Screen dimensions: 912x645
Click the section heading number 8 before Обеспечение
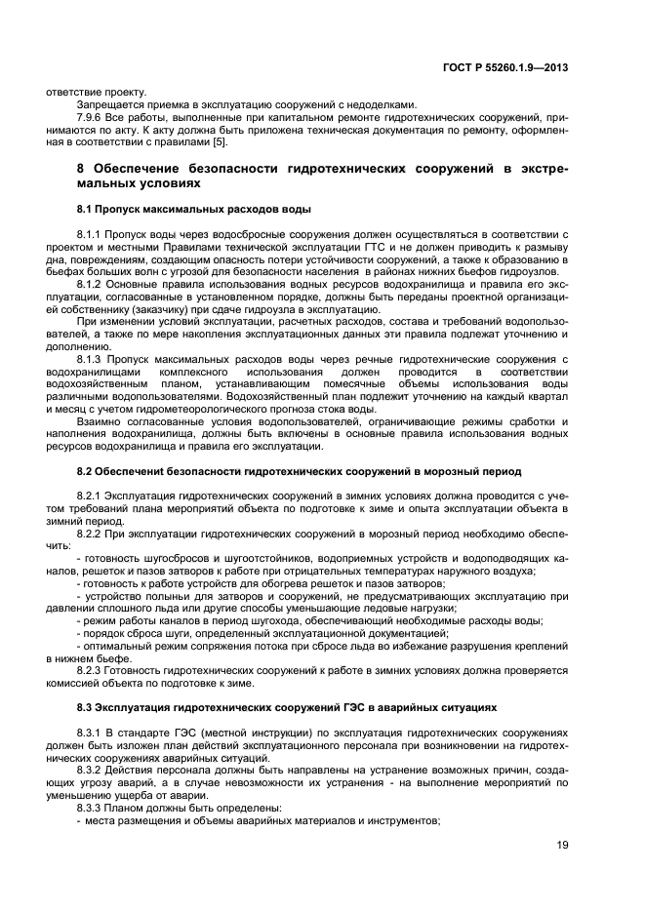(x=81, y=169)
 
